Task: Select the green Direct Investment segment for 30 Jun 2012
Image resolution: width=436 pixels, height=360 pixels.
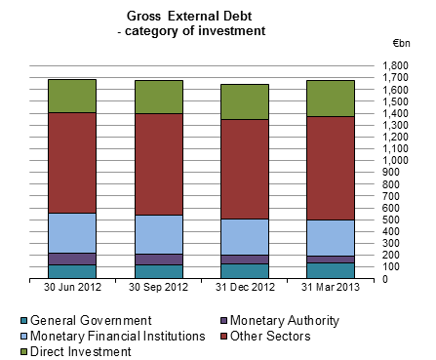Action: (72, 96)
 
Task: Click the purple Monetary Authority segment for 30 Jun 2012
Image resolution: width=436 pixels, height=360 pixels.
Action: (72, 259)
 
